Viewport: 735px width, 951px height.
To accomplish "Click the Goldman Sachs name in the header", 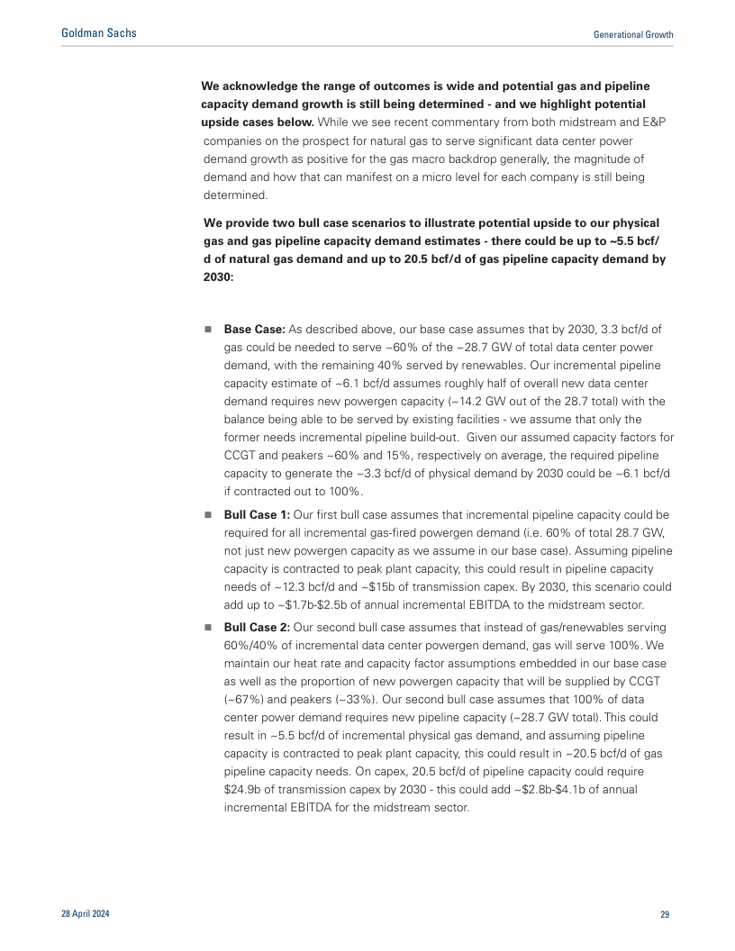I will click(99, 33).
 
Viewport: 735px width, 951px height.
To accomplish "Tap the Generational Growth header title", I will click(633, 34).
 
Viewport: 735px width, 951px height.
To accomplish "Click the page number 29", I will click(665, 914).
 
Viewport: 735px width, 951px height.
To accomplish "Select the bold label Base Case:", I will click(255, 330).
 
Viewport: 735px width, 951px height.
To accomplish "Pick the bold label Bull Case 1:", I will click(257, 514).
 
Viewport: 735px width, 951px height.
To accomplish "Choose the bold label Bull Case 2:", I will click(257, 628).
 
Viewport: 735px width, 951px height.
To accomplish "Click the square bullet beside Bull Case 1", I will click(208, 515).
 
